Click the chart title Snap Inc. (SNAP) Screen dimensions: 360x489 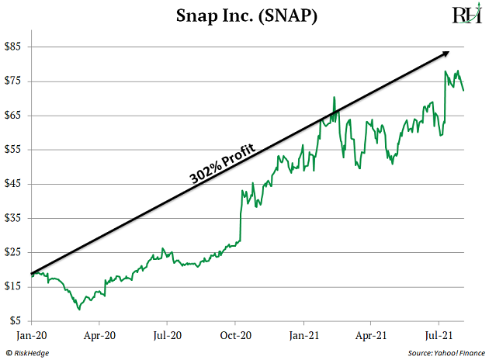(x=245, y=16)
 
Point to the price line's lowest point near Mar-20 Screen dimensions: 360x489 (x=78, y=309)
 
